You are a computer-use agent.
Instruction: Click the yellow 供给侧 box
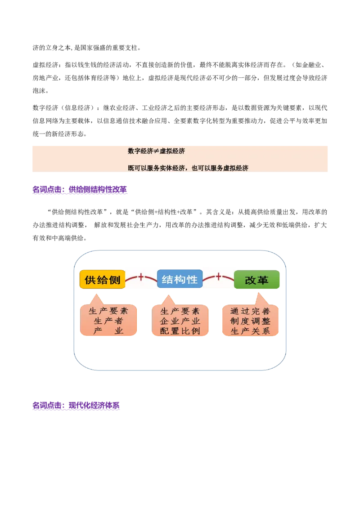(x=102, y=280)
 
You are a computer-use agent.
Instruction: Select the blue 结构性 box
(x=180, y=280)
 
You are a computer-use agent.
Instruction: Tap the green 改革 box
(x=257, y=280)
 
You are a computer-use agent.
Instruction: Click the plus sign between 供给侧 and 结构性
(x=141, y=277)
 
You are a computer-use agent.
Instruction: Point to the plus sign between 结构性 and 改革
(x=219, y=277)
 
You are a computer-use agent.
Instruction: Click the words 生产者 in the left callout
(x=108, y=321)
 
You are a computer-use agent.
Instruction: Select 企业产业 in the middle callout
(x=180, y=321)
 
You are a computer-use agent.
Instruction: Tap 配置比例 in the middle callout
(x=180, y=331)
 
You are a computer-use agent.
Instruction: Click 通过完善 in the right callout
(x=250, y=311)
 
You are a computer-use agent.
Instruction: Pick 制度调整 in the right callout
(x=250, y=321)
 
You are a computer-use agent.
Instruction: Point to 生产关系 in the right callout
(x=250, y=331)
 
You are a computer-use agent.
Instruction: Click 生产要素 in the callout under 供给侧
(x=108, y=311)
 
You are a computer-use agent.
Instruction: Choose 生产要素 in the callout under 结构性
(x=180, y=311)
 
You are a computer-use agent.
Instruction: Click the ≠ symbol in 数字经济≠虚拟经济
(x=156, y=152)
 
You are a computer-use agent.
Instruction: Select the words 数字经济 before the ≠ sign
(x=140, y=152)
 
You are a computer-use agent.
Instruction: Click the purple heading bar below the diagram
(x=77, y=406)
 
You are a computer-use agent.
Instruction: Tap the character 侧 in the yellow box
(x=115, y=280)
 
